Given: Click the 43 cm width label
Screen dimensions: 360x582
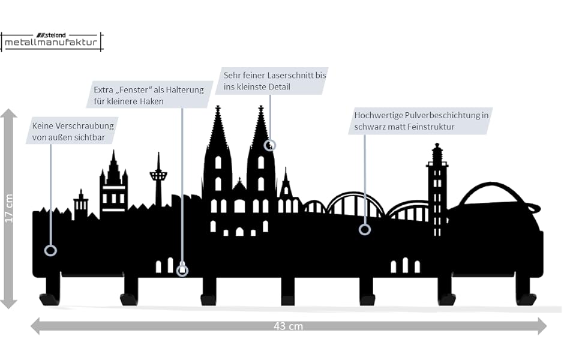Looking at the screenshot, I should (x=288, y=326).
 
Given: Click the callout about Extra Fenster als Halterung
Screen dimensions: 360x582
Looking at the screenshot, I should (x=149, y=95).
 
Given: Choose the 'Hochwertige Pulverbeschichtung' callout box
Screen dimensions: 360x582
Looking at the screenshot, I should (x=420, y=121).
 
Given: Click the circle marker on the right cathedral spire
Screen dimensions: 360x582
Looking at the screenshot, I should (x=270, y=145).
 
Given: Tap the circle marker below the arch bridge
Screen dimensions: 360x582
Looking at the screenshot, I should (x=364, y=229).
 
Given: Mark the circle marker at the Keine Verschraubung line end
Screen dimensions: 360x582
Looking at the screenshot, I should (x=51, y=251).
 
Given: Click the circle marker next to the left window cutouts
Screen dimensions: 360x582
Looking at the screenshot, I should (x=182, y=271).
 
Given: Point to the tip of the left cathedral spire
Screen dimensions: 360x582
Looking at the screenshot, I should (x=218, y=109).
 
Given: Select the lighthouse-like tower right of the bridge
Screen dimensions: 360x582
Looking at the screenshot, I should (x=437, y=186).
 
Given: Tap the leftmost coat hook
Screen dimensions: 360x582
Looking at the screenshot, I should (x=51, y=292).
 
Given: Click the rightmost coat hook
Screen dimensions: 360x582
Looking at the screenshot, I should (x=525, y=292).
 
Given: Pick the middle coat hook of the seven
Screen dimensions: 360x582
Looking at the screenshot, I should (x=288, y=292).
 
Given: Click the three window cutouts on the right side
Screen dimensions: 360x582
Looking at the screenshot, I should (x=405, y=265).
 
